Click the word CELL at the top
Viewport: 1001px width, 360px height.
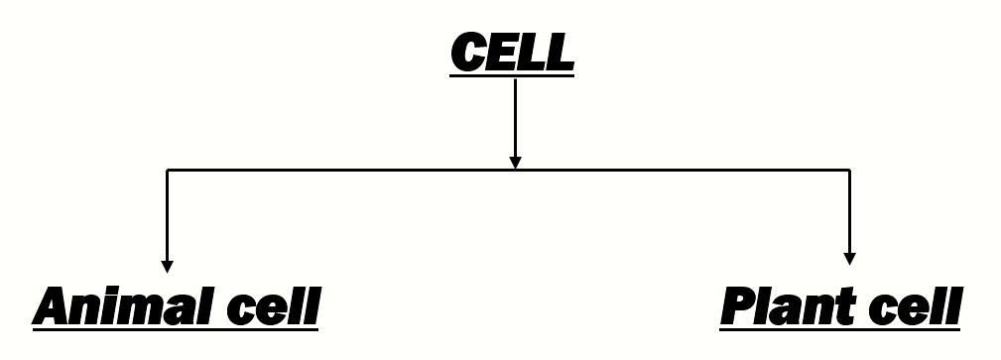click(512, 51)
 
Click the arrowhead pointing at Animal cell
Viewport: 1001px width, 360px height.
click(168, 265)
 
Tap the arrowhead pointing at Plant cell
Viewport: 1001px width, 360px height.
click(849, 259)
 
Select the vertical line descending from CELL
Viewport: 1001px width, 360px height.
click(514, 114)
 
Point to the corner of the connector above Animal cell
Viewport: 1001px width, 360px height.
click(168, 171)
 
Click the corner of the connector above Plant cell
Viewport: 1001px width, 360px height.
click(849, 171)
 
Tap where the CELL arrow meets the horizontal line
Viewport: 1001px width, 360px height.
click(514, 171)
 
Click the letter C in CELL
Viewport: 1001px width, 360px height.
click(468, 51)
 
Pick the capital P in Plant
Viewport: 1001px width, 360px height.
click(739, 307)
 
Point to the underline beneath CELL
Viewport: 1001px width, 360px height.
click(512, 74)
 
